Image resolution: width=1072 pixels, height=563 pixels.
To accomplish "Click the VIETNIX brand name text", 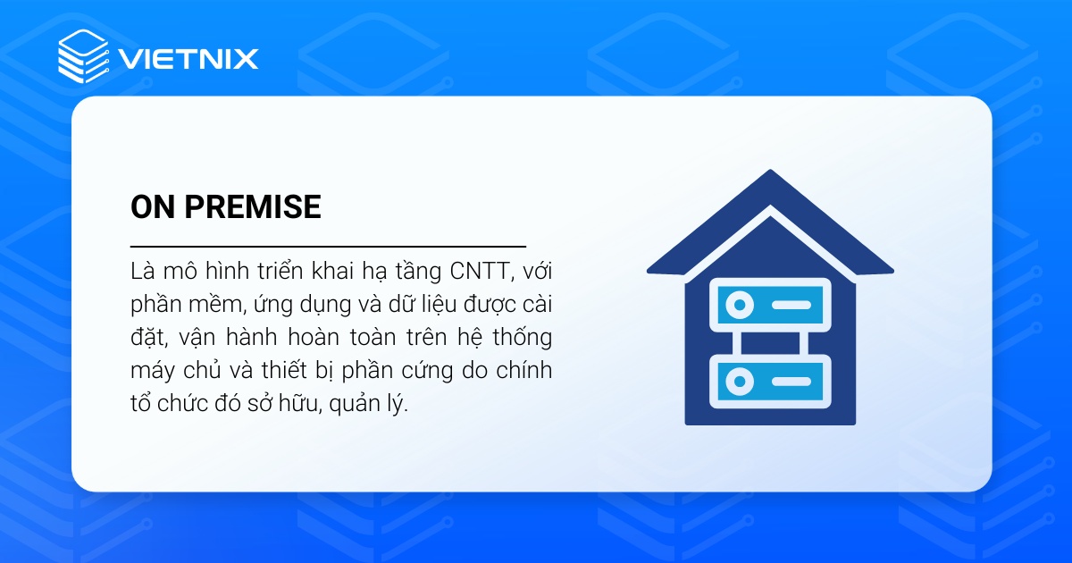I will [188, 60].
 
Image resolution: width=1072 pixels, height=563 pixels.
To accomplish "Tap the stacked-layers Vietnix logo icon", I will [83, 56].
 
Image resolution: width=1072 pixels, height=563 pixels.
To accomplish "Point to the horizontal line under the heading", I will [328, 245].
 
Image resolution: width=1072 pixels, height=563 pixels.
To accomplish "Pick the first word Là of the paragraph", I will [143, 269].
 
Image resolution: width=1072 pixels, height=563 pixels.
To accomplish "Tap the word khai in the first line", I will [348, 269].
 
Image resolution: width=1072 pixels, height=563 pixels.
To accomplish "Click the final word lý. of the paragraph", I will [394, 405].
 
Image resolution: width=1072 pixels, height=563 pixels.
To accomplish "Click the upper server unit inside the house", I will [769, 306].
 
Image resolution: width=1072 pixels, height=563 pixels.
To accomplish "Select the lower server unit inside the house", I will [769, 382].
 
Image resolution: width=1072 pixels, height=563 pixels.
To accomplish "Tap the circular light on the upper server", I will [739, 306].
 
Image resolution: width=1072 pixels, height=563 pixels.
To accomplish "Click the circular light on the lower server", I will [739, 382].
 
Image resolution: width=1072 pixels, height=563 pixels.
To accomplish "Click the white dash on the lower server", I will [791, 382].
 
